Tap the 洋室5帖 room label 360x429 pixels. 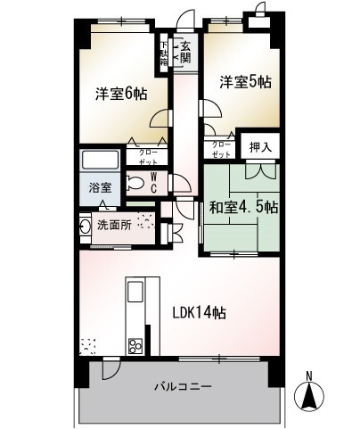(246, 81)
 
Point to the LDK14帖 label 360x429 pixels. (197, 313)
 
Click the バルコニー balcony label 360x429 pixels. (181, 388)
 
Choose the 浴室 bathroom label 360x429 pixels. (100, 188)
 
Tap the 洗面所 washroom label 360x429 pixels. (114, 225)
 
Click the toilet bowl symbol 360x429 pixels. (135, 184)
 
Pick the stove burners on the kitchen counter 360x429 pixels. (136, 343)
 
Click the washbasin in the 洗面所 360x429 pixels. (85, 226)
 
